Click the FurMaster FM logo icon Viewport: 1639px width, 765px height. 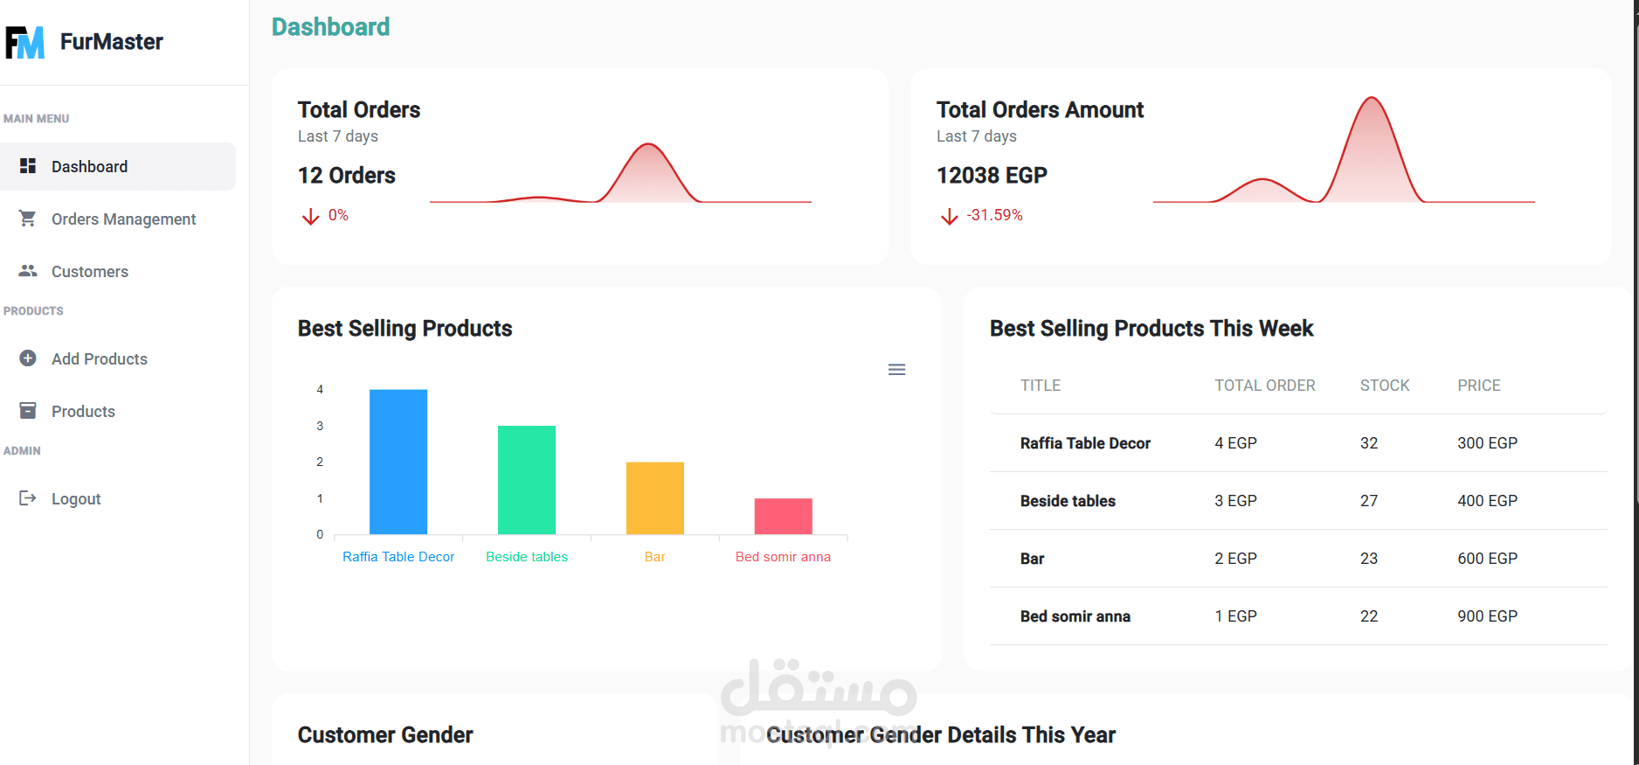(24, 42)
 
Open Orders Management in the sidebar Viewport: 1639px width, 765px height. (123, 219)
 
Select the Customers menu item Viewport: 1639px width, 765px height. (89, 272)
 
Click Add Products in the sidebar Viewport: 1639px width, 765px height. (99, 359)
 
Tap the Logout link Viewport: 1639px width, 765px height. (76, 499)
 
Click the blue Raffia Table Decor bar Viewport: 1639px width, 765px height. (398, 462)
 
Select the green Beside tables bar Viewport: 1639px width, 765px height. (527, 480)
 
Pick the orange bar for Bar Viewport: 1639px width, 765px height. (655, 497)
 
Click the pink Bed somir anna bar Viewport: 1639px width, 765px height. (784, 516)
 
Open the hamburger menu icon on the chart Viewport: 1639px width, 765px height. (896, 370)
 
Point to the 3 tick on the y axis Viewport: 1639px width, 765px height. (320, 426)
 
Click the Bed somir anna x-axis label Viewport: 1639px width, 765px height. (783, 557)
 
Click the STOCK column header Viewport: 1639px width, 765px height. (1385, 386)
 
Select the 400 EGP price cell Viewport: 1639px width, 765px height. (1487, 501)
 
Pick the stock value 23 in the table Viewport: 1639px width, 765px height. (1369, 559)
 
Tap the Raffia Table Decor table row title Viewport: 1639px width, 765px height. (1085, 443)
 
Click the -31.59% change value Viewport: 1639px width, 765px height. (995, 215)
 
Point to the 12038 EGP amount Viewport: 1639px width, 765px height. (992, 176)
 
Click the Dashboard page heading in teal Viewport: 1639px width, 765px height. (330, 27)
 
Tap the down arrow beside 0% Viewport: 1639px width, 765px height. (310, 216)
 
